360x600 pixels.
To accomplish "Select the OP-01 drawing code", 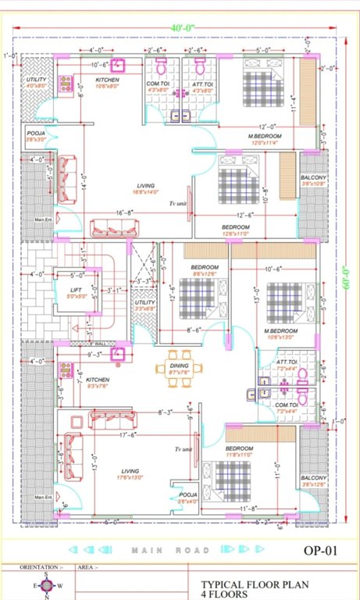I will [x=319, y=550].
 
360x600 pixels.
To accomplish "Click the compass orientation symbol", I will [x=46, y=584].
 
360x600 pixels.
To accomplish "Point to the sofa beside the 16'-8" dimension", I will [x=113, y=227].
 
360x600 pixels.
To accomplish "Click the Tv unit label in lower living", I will [x=184, y=450].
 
